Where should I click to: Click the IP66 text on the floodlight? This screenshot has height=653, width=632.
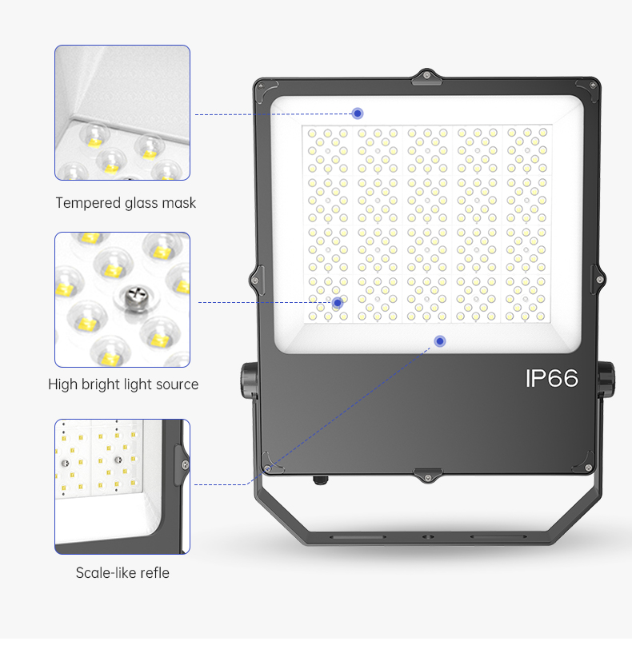pyautogui.click(x=551, y=379)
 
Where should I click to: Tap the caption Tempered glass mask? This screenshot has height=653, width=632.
pyautogui.click(x=126, y=203)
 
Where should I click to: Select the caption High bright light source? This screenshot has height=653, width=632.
pyautogui.click(x=123, y=384)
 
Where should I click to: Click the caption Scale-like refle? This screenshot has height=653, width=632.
pyautogui.click(x=122, y=572)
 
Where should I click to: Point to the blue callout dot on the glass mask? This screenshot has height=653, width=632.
pyautogui.click(x=358, y=113)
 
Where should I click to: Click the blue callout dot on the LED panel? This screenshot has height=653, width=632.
pyautogui.click(x=338, y=303)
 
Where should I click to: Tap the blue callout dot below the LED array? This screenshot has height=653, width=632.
pyautogui.click(x=440, y=341)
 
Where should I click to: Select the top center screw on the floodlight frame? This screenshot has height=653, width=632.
pyautogui.click(x=426, y=75)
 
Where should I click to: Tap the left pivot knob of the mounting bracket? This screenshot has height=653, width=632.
pyautogui.click(x=249, y=379)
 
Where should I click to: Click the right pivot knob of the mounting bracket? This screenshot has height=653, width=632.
pyautogui.click(x=606, y=379)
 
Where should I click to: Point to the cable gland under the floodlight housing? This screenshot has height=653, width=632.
pyautogui.click(x=321, y=480)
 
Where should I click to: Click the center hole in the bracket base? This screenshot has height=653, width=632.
pyautogui.click(x=428, y=537)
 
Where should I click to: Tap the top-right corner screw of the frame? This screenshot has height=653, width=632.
pyautogui.click(x=593, y=86)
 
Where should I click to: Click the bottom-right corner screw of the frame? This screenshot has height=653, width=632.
pyautogui.click(x=588, y=468)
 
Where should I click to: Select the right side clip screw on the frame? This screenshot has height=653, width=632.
pyautogui.click(x=599, y=279)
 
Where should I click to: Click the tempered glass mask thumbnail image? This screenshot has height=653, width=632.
pyautogui.click(x=122, y=113)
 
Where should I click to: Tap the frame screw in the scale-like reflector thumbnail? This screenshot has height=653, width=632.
pyautogui.click(x=185, y=464)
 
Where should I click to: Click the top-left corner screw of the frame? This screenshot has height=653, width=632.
pyautogui.click(x=261, y=86)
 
